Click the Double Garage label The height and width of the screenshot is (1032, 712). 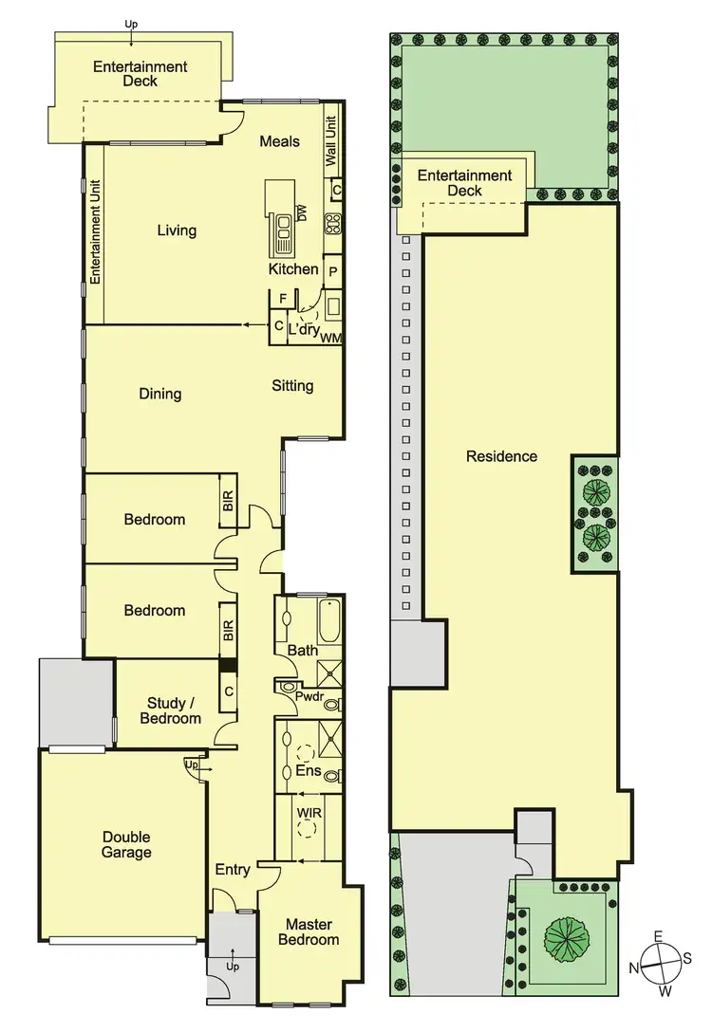[127, 844]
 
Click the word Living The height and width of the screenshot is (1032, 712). [177, 230]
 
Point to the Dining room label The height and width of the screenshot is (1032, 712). [159, 393]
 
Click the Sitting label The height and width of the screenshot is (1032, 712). [292, 385]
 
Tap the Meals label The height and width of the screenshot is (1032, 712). [280, 141]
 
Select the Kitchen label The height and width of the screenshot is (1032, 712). [293, 268]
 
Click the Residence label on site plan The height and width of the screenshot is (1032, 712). [501, 456]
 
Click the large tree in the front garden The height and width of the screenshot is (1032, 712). [567, 937]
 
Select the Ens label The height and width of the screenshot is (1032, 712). [308, 771]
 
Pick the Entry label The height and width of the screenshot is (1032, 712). [233, 870]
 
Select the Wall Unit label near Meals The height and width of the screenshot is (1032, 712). [331, 141]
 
